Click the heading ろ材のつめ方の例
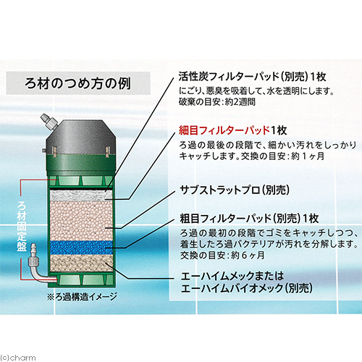77,83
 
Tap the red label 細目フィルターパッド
224,130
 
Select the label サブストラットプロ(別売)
235,190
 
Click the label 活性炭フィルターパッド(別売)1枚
252,77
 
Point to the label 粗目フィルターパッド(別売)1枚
250,219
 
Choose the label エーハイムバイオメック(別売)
247,288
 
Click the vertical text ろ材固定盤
22,226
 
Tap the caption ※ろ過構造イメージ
82,297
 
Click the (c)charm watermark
18,358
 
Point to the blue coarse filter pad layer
81,248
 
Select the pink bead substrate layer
81,220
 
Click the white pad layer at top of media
81,195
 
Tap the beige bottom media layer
81,263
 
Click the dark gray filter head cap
81,137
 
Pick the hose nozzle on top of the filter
49,122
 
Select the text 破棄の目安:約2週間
216,102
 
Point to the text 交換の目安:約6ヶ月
222,255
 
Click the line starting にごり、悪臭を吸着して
256,91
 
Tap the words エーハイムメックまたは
232,276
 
